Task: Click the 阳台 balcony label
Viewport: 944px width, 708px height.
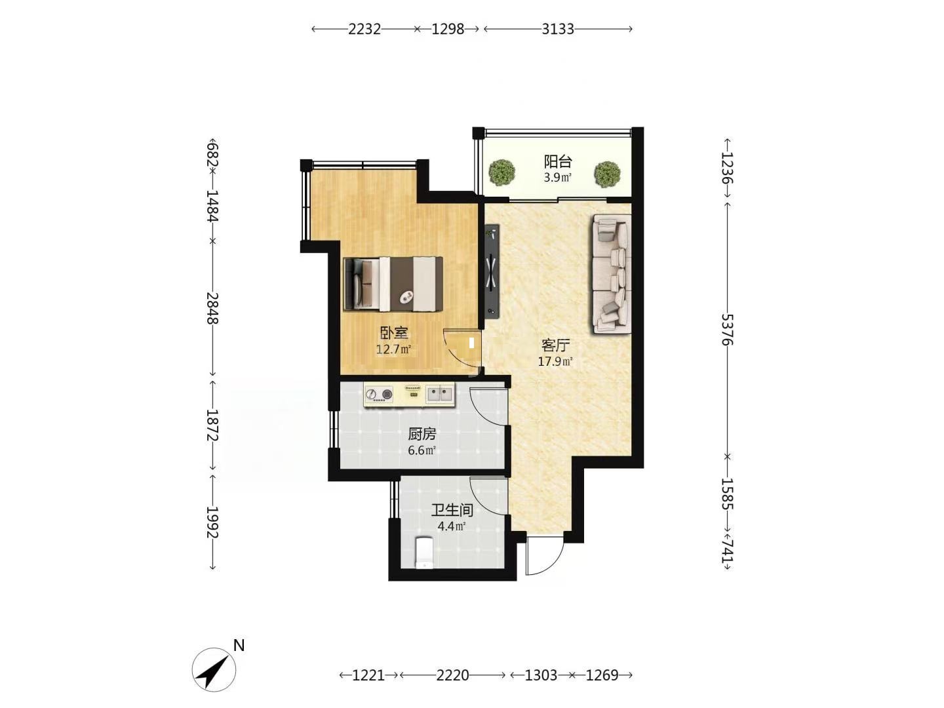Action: (x=557, y=162)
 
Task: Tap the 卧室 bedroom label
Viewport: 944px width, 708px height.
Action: (x=393, y=333)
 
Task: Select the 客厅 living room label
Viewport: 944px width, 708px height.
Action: (x=556, y=345)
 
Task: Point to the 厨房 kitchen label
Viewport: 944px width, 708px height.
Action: (x=422, y=434)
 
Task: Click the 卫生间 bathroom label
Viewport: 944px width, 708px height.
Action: (x=452, y=510)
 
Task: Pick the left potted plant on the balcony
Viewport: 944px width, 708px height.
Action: (x=501, y=172)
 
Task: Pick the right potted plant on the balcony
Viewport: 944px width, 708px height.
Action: (x=607, y=174)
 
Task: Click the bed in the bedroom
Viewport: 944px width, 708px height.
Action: (x=393, y=284)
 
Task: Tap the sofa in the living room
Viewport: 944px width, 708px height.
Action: (x=612, y=274)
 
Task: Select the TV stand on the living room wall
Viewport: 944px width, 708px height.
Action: (x=492, y=271)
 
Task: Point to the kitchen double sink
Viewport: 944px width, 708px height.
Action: (x=440, y=393)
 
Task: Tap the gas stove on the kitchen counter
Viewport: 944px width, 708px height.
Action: (x=379, y=394)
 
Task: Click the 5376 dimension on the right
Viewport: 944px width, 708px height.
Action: (x=727, y=330)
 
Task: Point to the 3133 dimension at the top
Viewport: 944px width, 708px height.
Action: (x=558, y=29)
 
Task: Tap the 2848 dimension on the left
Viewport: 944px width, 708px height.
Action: (x=212, y=308)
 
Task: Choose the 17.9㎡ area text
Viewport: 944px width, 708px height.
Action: (x=555, y=361)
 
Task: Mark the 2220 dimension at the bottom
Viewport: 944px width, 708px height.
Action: (x=452, y=675)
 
